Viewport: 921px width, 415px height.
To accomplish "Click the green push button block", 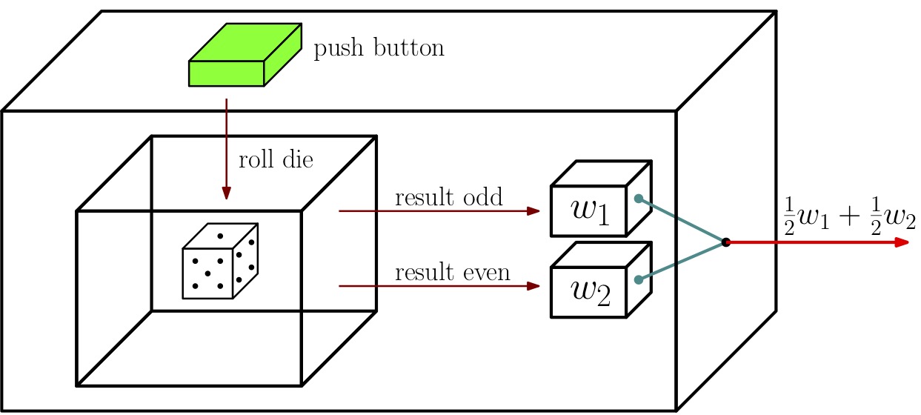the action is tap(245, 55).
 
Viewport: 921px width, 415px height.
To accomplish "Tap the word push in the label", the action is tap(339, 48).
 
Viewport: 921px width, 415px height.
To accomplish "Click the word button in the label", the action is tap(409, 47).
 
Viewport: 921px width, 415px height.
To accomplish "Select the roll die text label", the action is tap(276, 159).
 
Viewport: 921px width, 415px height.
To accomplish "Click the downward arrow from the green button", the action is tap(226, 149).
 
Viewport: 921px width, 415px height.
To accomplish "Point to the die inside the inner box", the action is tap(220, 261).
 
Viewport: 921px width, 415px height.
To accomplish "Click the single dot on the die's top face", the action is tap(220, 236).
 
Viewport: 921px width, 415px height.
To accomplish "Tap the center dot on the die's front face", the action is tap(207, 273).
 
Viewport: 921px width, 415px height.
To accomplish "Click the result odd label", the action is tap(448, 197).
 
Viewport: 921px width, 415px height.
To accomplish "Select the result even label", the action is tap(452, 272).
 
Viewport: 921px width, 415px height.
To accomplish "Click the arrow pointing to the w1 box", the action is tap(439, 211).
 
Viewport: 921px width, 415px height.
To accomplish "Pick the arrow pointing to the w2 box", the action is tap(439, 286).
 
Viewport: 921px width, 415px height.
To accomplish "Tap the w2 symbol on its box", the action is tap(591, 293).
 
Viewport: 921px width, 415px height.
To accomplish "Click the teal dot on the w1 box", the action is tap(639, 199).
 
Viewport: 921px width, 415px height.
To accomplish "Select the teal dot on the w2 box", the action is tap(639, 279).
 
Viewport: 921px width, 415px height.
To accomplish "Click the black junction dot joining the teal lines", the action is tap(726, 242).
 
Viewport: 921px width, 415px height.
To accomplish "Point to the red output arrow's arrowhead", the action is tap(902, 242).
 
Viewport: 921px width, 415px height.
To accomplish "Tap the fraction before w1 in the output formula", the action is tap(789, 216).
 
